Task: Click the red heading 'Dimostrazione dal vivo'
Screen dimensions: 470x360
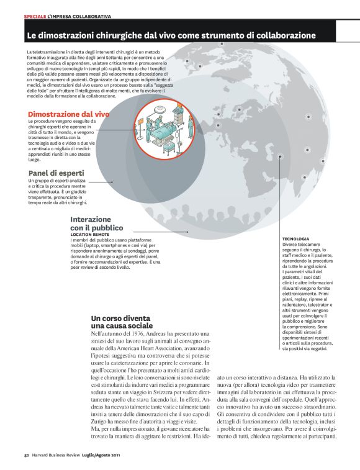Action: click(69, 114)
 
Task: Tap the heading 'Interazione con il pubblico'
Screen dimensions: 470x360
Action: click(91, 224)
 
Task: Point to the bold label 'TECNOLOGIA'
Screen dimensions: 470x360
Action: click(295, 238)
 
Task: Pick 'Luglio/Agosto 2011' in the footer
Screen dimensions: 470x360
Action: click(106, 454)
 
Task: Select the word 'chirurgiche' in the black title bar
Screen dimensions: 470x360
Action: click(114, 35)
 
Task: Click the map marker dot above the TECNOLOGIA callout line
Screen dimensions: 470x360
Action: click(282, 158)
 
